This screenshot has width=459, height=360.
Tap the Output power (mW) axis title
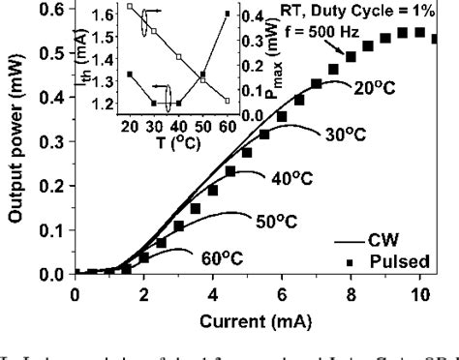(17, 137)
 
